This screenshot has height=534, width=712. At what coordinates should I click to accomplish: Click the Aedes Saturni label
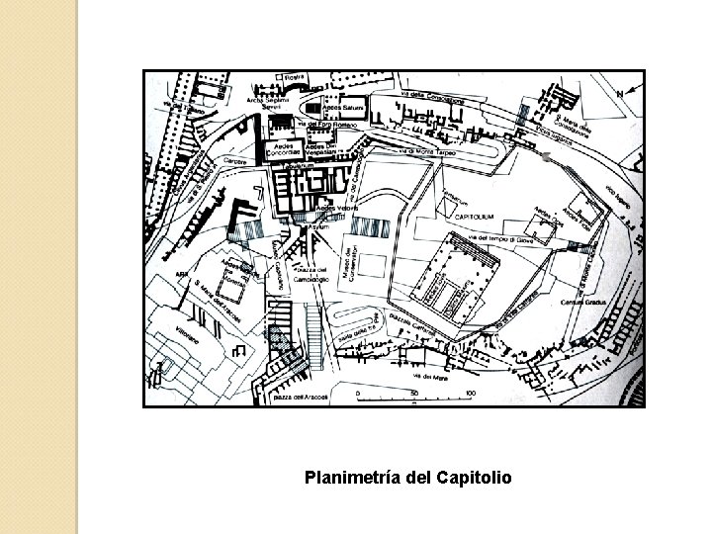point(351,106)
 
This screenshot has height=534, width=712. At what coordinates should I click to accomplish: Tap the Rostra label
point(294,77)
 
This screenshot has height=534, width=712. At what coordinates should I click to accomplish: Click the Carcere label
point(234,158)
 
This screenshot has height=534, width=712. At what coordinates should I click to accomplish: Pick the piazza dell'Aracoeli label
point(290,396)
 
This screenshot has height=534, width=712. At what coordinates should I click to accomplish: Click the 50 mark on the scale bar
point(414,394)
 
